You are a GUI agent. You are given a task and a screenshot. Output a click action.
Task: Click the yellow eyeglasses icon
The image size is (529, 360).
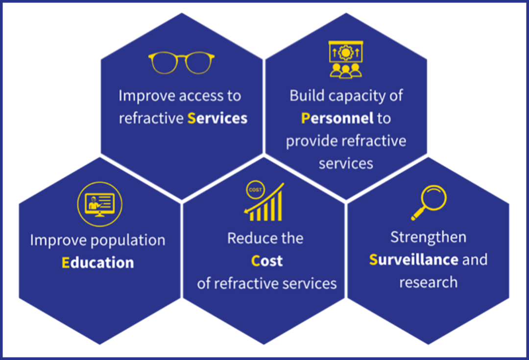click(181, 63)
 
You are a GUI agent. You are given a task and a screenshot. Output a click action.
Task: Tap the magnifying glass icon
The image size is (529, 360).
click(429, 202)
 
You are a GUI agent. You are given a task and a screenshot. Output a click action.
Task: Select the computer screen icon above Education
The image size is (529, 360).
click(99, 204)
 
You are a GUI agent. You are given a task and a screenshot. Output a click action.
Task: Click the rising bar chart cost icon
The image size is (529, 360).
click(265, 202)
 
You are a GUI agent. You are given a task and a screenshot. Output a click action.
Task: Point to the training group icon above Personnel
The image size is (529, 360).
click(345, 59)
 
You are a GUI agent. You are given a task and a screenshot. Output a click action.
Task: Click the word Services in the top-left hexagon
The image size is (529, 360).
click(217, 118)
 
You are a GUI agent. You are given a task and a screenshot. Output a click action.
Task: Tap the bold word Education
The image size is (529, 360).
click(98, 263)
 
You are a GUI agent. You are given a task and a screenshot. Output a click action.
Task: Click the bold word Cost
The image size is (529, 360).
click(266, 261)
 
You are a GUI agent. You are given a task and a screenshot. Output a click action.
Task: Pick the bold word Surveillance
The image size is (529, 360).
click(413, 259)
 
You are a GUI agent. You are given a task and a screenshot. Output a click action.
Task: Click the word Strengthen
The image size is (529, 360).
click(428, 237)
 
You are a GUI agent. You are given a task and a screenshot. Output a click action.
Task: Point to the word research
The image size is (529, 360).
click(428, 282)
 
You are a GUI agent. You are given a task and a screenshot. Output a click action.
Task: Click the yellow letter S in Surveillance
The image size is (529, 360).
click(373, 259)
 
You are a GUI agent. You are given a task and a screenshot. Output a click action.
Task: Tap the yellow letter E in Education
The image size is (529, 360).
click(66, 263)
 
